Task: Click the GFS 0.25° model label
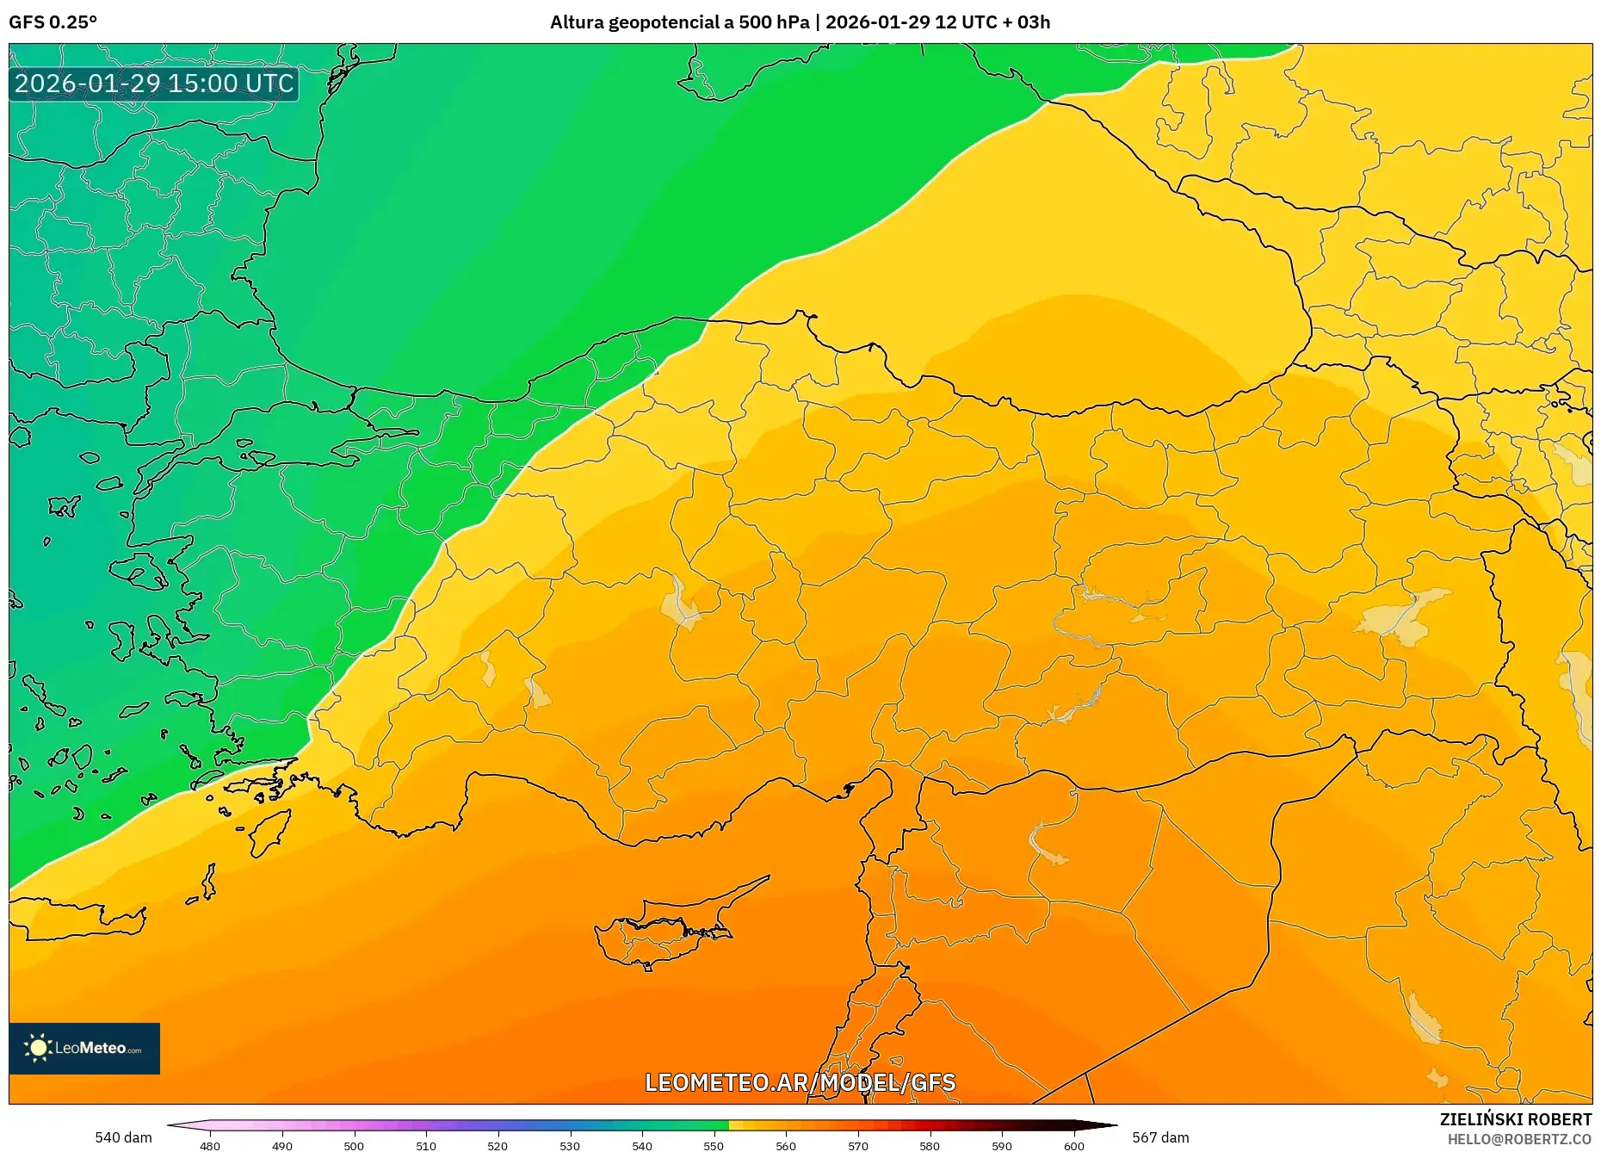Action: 53,22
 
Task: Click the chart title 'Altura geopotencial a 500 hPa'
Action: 679,22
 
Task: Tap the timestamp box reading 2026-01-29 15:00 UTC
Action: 154,84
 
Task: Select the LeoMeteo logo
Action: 84,1048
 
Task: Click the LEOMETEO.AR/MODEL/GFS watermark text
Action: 800,1082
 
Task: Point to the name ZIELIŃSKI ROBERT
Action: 1515,1119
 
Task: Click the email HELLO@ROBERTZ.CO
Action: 1519,1139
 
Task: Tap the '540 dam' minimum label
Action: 123,1137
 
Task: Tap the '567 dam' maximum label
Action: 1160,1137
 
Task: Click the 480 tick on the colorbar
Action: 210,1145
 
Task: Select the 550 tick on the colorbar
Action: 714,1145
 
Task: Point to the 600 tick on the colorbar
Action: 1073,1145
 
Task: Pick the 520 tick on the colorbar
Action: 498,1145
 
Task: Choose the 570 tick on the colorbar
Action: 857,1145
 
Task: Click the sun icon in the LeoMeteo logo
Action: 38,1048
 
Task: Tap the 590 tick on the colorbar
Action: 1001,1145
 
